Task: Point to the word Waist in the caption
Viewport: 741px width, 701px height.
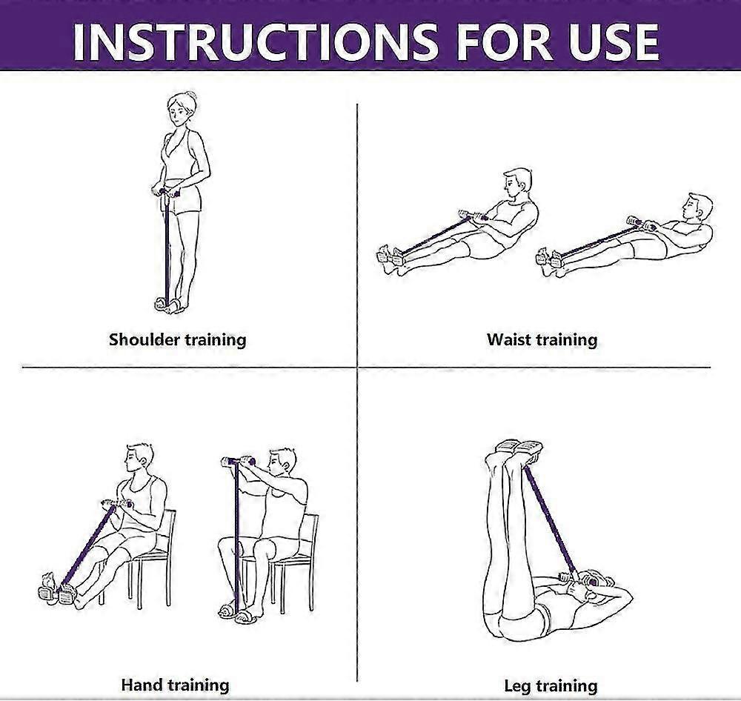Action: [x=508, y=339]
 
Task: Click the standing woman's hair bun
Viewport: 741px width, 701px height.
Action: [x=191, y=96]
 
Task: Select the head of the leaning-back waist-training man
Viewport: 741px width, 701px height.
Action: [x=699, y=207]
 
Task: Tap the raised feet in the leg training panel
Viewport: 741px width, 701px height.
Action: [x=518, y=452]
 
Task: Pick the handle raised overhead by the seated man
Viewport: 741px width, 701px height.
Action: [x=238, y=461]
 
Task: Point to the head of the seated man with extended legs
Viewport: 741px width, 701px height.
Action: [x=139, y=459]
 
